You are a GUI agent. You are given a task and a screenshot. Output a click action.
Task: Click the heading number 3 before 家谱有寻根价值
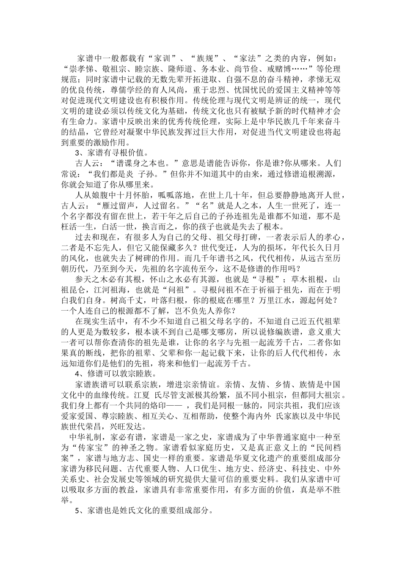click(77, 153)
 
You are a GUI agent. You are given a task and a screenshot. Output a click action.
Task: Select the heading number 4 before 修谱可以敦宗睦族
click(77, 374)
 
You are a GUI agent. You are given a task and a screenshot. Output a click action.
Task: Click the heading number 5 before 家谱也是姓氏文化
click(77, 511)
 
